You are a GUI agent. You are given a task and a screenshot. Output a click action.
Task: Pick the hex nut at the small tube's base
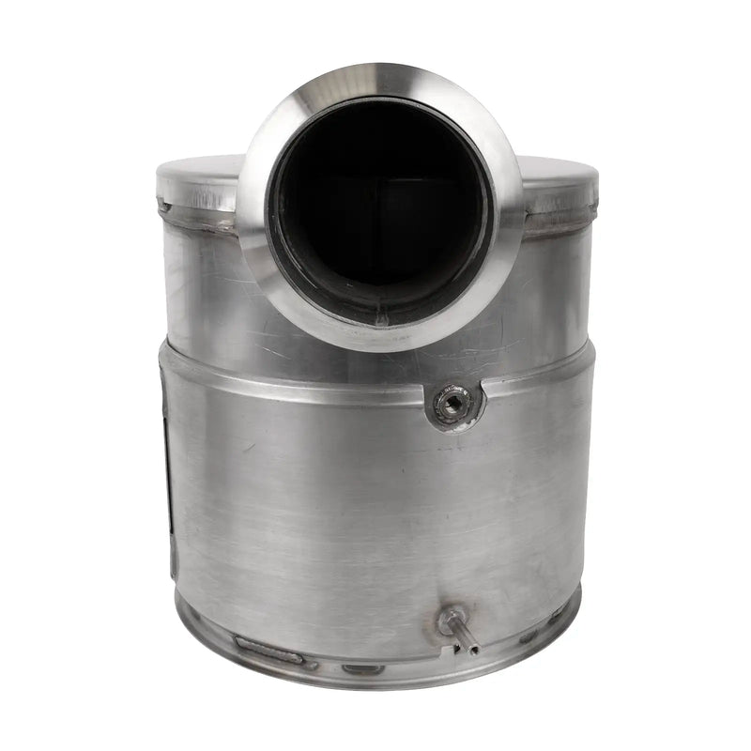click(450, 621)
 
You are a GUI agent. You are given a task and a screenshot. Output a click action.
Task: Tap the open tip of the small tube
click(474, 649)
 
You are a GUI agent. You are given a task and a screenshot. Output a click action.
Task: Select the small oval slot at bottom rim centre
click(362, 669)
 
